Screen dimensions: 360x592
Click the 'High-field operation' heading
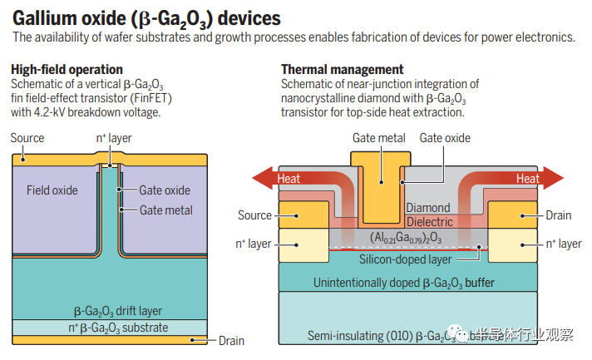coord(67,69)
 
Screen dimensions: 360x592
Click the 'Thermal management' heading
coord(343,69)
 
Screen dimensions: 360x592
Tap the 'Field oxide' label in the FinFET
coord(52,190)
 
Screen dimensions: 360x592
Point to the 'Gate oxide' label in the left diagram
coord(165,190)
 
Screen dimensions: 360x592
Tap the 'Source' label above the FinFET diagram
coord(27,137)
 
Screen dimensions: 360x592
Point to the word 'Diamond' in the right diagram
coord(429,208)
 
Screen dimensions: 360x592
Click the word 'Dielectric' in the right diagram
coord(429,222)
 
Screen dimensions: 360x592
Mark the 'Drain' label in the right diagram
coord(558,215)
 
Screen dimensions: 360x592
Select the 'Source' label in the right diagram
coord(254,215)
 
